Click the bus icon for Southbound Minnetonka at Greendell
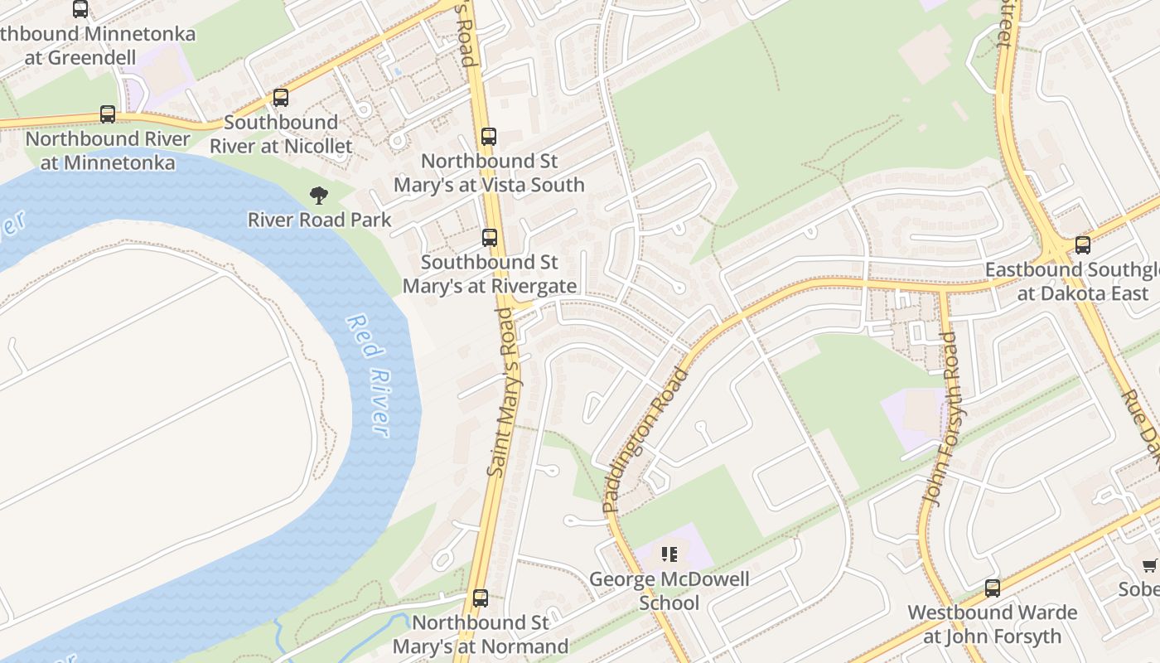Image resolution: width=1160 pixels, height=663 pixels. [x=80, y=9]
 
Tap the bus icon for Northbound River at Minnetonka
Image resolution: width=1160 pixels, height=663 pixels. [x=108, y=114]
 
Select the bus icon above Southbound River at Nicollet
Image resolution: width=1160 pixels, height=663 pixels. [x=281, y=98]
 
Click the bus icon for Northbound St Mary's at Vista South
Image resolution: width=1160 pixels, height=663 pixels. [x=489, y=137]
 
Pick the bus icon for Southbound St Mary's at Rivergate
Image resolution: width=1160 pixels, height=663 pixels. [x=490, y=238]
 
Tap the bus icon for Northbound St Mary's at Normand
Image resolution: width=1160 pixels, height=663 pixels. [x=480, y=598]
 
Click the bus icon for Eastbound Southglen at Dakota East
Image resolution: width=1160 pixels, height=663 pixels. [x=1082, y=244]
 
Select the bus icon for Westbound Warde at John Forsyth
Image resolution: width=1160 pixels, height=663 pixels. [x=993, y=588]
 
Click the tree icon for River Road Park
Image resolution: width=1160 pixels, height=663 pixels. [x=319, y=196]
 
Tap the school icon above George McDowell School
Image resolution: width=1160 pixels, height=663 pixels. [x=669, y=554]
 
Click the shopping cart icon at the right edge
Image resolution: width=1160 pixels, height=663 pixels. [x=1150, y=565]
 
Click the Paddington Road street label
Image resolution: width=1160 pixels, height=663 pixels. [x=645, y=439]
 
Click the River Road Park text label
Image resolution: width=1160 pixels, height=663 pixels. [x=319, y=220]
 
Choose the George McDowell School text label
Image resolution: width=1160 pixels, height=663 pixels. [x=669, y=590]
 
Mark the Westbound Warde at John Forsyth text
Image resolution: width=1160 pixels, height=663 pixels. [x=992, y=624]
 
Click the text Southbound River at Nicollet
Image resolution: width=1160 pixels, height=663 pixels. [x=281, y=134]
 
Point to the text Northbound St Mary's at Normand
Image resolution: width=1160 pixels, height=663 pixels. [x=481, y=634]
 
